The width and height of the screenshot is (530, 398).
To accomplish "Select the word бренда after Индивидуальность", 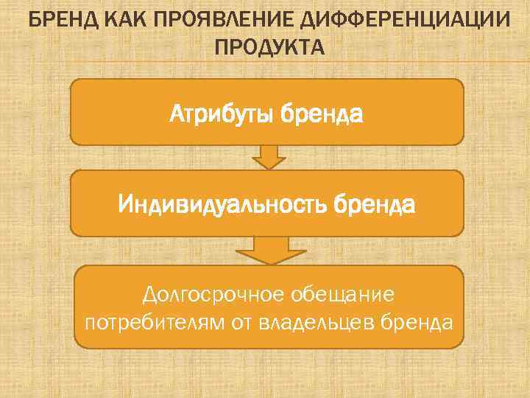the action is click(376, 205).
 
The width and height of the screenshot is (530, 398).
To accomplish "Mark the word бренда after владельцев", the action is click(418, 323).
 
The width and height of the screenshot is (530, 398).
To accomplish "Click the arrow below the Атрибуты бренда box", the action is click(269, 156).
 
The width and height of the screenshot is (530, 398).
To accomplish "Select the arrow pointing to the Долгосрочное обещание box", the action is click(269, 249).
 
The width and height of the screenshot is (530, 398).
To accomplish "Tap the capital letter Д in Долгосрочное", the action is click(152, 296).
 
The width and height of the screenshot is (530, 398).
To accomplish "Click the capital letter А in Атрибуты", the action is click(177, 114).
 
